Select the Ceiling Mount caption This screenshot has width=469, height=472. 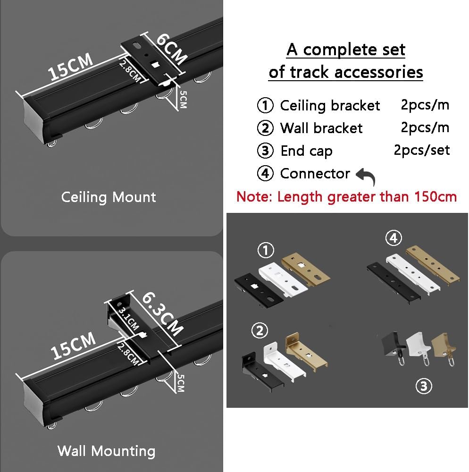coord(109,197)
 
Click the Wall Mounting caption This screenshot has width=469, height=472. coord(106,451)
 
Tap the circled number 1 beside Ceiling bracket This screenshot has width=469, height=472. coord(265,105)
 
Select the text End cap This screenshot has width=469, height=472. coord(306,151)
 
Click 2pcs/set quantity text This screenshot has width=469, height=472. coord(421,150)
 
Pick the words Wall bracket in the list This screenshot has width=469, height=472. coord(321,128)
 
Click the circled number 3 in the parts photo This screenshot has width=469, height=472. coord(423,387)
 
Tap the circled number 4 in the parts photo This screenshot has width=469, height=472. coord(393,238)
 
